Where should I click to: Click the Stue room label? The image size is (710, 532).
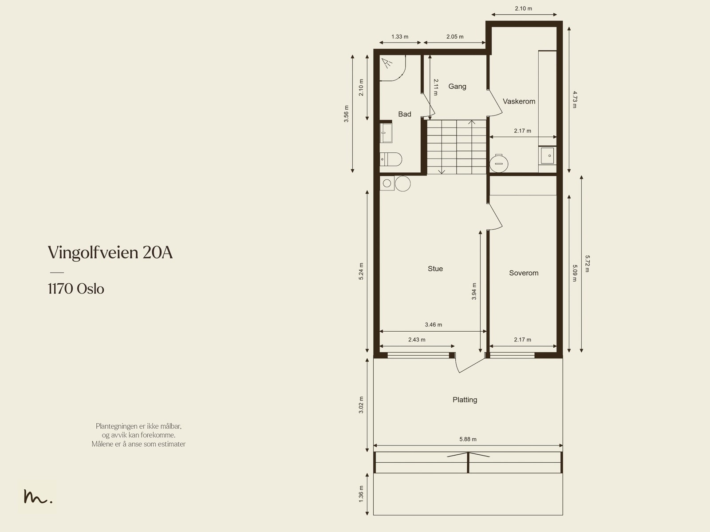click(435, 269)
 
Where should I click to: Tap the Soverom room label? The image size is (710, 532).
click(524, 273)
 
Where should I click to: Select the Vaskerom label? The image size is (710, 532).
click(519, 101)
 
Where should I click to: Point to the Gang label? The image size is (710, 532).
click(457, 87)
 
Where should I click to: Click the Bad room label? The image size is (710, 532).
click(404, 114)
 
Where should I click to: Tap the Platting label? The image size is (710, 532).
click(465, 400)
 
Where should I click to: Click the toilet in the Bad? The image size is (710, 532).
click(391, 159)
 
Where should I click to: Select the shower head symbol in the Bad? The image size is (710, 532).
click(387, 63)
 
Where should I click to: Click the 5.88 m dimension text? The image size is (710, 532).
click(468, 439)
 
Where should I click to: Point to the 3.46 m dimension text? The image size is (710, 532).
click(433, 325)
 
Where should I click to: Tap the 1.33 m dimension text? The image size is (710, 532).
click(400, 36)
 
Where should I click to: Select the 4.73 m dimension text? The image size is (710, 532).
click(575, 99)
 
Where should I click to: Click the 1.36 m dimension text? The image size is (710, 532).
click(361, 494)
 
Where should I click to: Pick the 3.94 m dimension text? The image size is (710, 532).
click(474, 291)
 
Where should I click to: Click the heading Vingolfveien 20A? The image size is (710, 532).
click(110, 253)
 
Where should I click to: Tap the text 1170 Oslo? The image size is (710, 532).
click(76, 289)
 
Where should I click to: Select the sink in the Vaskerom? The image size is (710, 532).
click(547, 156)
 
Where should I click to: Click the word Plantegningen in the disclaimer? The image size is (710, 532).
click(117, 426)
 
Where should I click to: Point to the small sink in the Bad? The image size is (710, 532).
click(386, 133)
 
